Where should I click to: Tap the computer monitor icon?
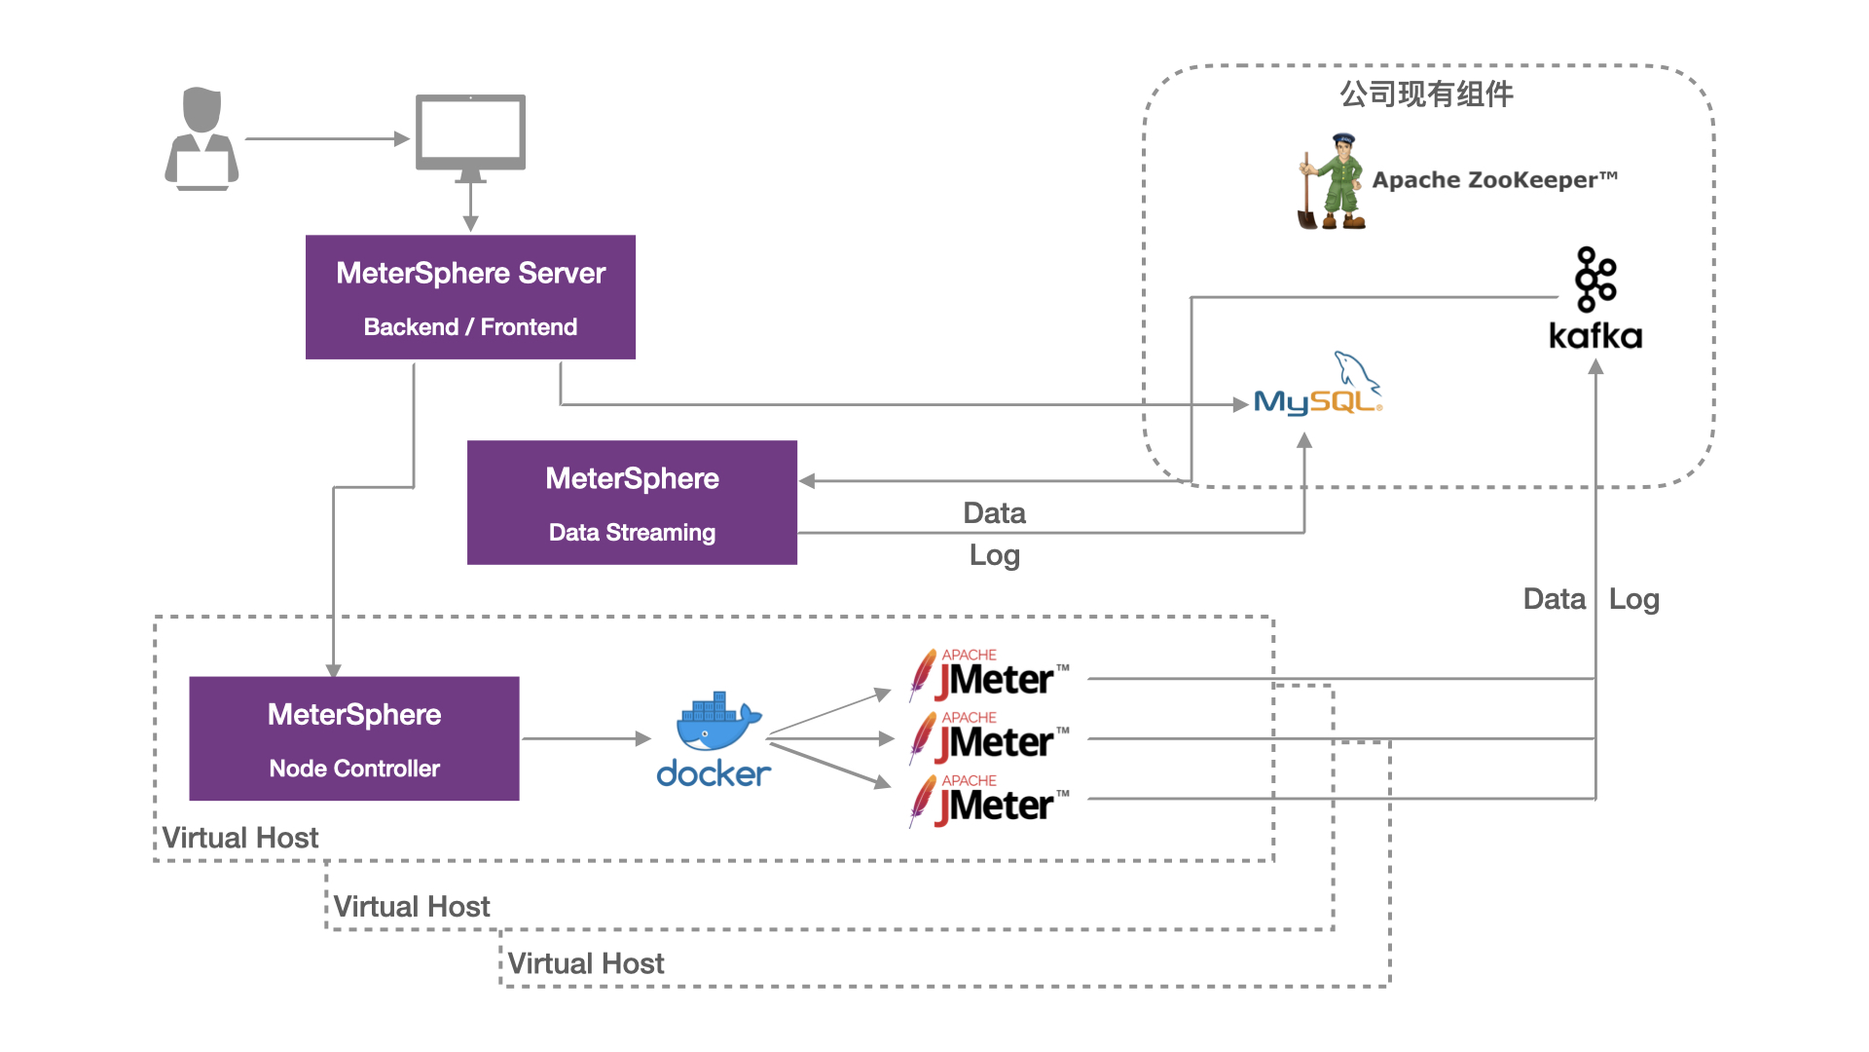(x=470, y=134)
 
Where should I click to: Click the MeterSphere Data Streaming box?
(x=632, y=502)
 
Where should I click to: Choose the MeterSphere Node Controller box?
(x=354, y=738)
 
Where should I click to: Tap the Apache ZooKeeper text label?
(x=1494, y=180)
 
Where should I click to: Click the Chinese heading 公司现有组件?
(x=1426, y=94)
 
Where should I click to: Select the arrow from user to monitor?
(x=327, y=139)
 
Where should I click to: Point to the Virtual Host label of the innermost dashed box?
(x=240, y=838)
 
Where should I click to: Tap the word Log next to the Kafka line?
(x=1633, y=599)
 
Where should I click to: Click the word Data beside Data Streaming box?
(x=994, y=513)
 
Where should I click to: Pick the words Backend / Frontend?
(x=470, y=327)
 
